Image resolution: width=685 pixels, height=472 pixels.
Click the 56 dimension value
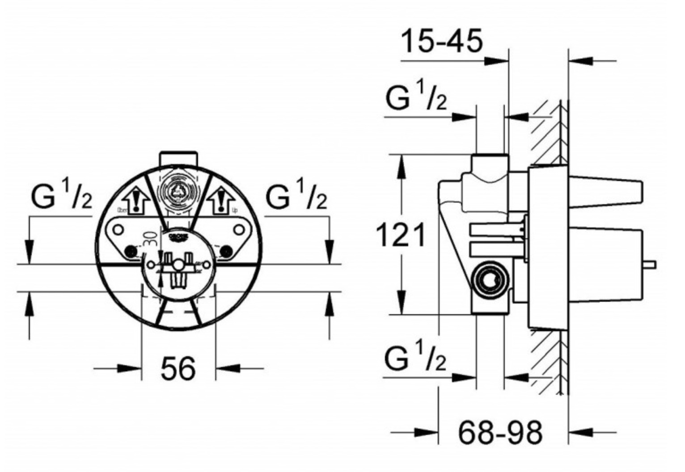pyautogui.click(x=178, y=369)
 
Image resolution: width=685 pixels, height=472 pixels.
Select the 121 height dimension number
pyautogui.click(x=401, y=235)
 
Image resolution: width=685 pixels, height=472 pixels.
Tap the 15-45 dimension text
pyautogui.click(x=442, y=41)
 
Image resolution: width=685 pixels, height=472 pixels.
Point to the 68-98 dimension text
pyautogui.click(x=500, y=432)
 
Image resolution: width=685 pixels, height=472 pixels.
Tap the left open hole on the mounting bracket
pyautogui.click(x=118, y=230)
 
